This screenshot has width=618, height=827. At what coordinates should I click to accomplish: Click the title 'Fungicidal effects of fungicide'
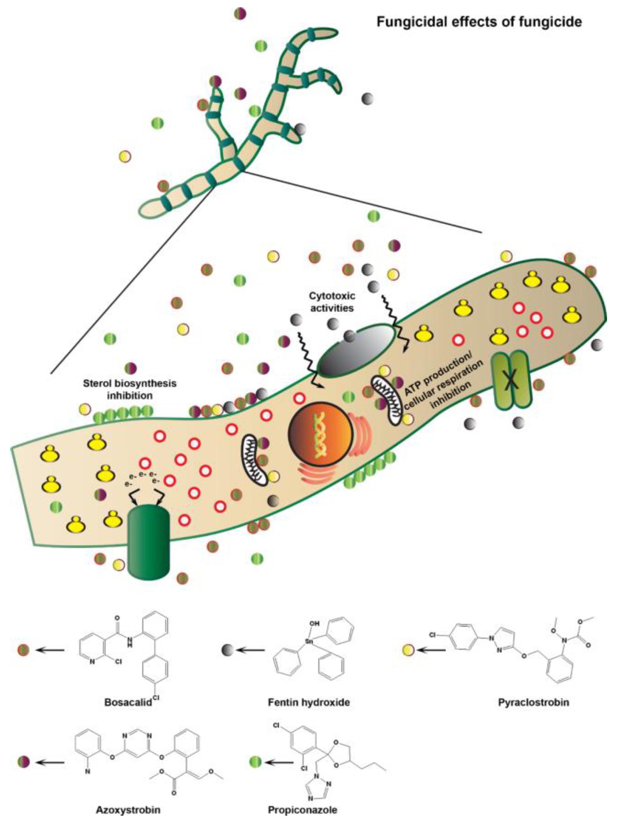click(x=479, y=22)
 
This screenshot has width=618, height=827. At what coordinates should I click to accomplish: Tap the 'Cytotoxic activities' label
click(x=332, y=302)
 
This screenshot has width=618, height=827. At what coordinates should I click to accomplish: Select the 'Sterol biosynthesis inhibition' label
click(x=130, y=389)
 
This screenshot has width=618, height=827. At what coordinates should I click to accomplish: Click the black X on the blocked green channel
click(x=510, y=381)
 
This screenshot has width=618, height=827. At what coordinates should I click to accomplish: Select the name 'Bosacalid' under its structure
click(x=128, y=702)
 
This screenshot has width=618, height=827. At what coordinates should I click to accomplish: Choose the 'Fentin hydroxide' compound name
click(x=309, y=702)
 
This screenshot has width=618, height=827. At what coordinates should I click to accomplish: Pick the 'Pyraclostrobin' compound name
click(x=534, y=702)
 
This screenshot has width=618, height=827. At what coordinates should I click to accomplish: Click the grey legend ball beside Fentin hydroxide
click(x=227, y=650)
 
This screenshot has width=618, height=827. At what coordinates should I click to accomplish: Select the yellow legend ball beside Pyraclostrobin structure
click(x=408, y=650)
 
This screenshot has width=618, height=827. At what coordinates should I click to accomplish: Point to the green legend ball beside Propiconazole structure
click(x=256, y=762)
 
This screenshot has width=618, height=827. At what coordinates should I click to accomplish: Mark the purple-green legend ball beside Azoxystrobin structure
click(x=23, y=762)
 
